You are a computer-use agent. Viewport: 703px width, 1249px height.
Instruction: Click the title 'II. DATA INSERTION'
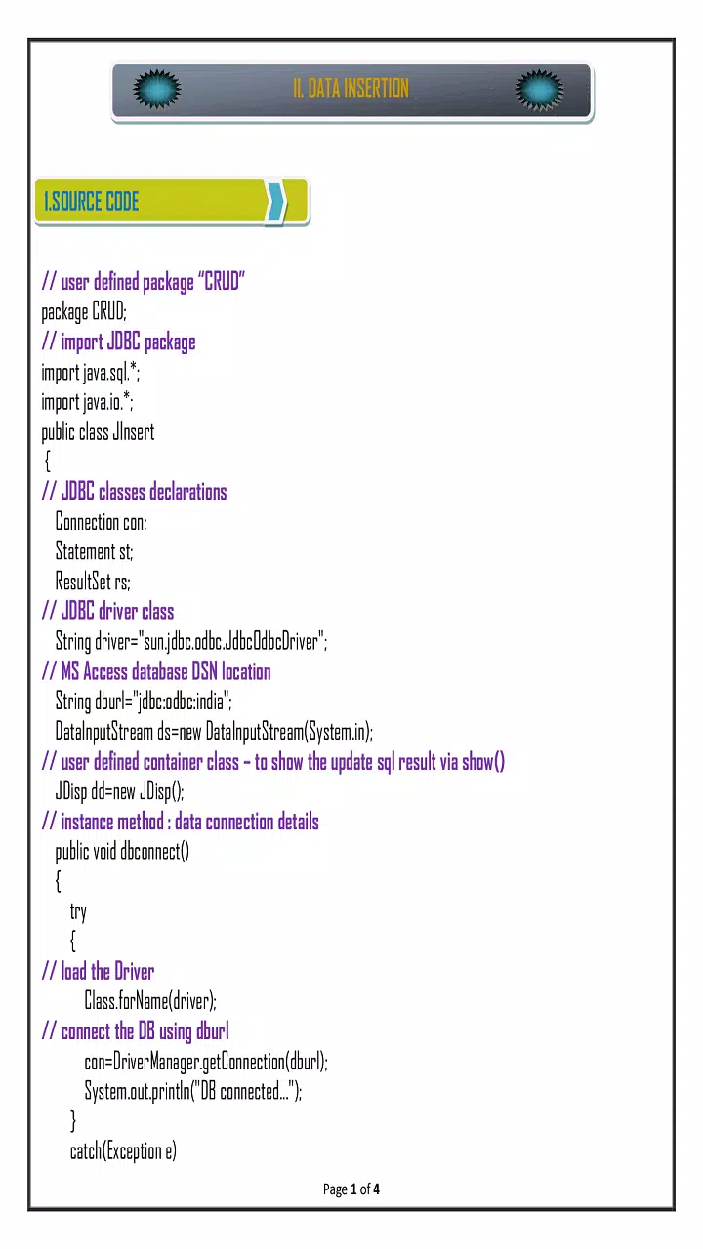click(x=351, y=88)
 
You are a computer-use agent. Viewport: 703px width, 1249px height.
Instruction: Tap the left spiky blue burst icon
click(x=157, y=89)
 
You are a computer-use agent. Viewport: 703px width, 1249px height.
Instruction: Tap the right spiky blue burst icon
click(x=539, y=89)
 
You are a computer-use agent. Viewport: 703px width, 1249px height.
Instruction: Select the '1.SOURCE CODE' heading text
click(x=92, y=201)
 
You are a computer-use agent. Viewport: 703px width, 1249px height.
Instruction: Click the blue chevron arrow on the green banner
click(x=276, y=201)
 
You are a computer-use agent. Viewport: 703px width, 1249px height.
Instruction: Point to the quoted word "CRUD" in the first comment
click(x=222, y=282)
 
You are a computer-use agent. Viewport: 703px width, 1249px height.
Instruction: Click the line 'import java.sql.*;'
click(x=91, y=373)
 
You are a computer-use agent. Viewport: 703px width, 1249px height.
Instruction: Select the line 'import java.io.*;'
click(x=87, y=402)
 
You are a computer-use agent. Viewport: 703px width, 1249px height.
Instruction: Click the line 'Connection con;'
click(x=101, y=522)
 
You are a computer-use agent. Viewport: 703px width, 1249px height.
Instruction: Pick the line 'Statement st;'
click(x=95, y=551)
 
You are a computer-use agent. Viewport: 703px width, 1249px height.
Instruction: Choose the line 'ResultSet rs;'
click(x=93, y=582)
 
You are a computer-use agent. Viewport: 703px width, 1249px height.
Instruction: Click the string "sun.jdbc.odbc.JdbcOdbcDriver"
click(x=231, y=642)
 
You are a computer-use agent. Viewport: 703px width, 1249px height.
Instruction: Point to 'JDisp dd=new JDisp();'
click(x=119, y=791)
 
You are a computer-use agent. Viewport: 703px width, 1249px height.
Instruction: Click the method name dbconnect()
click(x=154, y=852)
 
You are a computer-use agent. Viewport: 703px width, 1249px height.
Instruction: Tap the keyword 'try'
click(x=78, y=912)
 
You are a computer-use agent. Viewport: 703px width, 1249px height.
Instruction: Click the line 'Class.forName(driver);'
click(x=150, y=1001)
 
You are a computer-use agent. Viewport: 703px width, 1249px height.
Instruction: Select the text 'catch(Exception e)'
click(x=123, y=1151)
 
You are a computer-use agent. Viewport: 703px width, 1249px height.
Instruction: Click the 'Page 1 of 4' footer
click(x=351, y=1189)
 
